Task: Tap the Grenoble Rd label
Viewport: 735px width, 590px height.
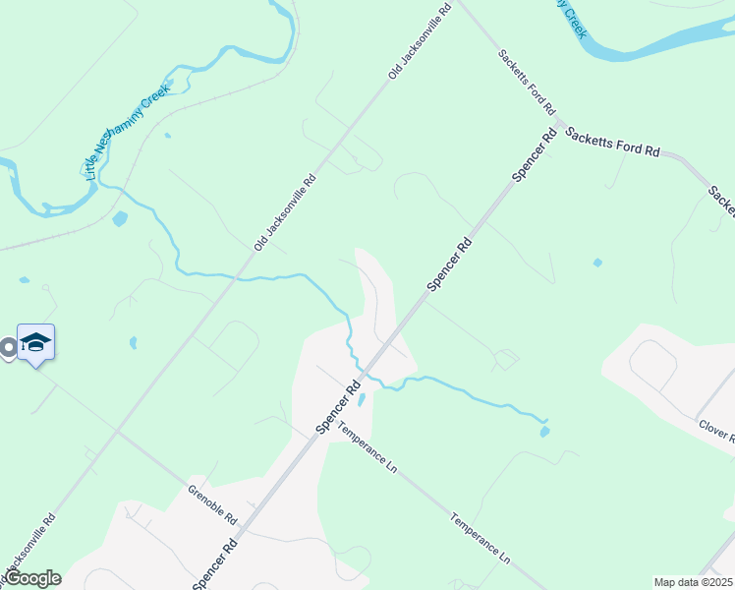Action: (x=212, y=503)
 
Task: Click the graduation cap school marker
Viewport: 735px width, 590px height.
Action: (x=35, y=342)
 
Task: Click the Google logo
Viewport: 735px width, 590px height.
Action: (x=32, y=578)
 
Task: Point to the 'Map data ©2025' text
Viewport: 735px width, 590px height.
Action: (x=692, y=582)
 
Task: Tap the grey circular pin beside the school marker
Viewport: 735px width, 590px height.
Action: (x=8, y=347)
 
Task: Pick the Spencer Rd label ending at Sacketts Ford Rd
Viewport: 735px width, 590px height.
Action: (x=534, y=154)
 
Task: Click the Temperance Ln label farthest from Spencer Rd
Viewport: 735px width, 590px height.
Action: (x=481, y=538)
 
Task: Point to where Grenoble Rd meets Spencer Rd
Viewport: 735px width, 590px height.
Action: (x=250, y=527)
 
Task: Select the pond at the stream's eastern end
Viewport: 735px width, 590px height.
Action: (x=543, y=430)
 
